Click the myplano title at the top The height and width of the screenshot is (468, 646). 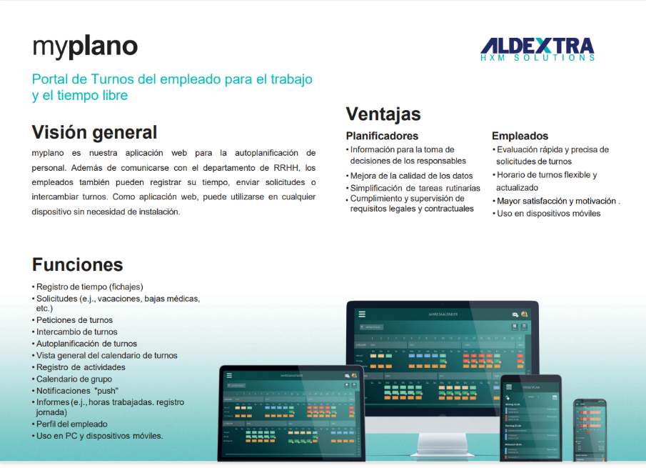pyautogui.click(x=85, y=46)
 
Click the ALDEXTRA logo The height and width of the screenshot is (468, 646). pyautogui.click(x=538, y=49)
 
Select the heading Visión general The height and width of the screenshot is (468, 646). pyautogui.click(x=94, y=132)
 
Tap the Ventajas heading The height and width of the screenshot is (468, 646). pyautogui.click(x=383, y=114)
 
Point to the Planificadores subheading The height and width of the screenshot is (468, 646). pyautogui.click(x=382, y=136)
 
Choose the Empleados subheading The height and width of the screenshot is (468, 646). pyautogui.click(x=520, y=136)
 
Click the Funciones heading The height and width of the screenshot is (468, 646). pyautogui.click(x=77, y=264)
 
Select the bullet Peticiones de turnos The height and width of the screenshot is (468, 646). pyautogui.click(x=74, y=320)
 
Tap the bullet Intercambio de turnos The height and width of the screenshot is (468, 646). pyautogui.click(x=77, y=332)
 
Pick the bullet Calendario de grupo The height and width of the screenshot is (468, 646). pyautogui.click(x=74, y=379)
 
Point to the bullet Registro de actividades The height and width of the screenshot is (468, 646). pyautogui.click(x=81, y=367)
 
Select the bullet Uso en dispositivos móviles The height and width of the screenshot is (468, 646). pyautogui.click(x=548, y=214)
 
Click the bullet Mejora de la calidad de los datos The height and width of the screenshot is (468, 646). pyautogui.click(x=411, y=176)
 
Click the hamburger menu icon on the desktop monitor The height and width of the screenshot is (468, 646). pyautogui.click(x=362, y=314)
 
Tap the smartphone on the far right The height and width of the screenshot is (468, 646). pyautogui.click(x=590, y=429)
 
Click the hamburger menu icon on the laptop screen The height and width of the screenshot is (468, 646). pyautogui.click(x=229, y=375)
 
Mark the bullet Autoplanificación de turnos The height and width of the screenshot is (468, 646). pyautogui.click(x=86, y=344)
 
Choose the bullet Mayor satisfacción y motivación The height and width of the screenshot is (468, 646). pyautogui.click(x=557, y=201)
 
